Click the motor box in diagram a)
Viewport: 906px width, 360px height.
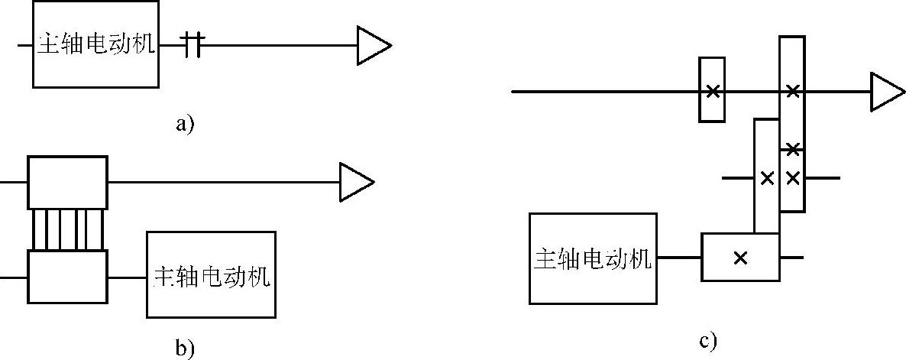tap(95, 44)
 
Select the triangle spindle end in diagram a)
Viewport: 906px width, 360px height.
tap(374, 45)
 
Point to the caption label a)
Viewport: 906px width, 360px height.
tap(183, 122)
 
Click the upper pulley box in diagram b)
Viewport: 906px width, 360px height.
tap(67, 182)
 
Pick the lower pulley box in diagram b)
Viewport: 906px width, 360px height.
tap(67, 277)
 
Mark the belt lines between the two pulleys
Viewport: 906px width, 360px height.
tap(67, 229)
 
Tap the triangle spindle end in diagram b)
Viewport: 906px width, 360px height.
tap(356, 182)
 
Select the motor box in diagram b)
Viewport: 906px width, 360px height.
tap(212, 274)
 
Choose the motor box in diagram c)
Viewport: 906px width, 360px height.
tap(593, 258)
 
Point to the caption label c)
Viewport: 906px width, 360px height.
tap(707, 340)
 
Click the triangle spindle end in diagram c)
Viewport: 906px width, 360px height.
tap(887, 92)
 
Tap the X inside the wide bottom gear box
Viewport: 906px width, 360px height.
tap(739, 258)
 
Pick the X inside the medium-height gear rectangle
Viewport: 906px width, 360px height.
tap(767, 178)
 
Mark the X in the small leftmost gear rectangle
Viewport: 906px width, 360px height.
tap(712, 92)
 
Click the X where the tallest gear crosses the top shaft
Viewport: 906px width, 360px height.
tap(793, 92)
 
